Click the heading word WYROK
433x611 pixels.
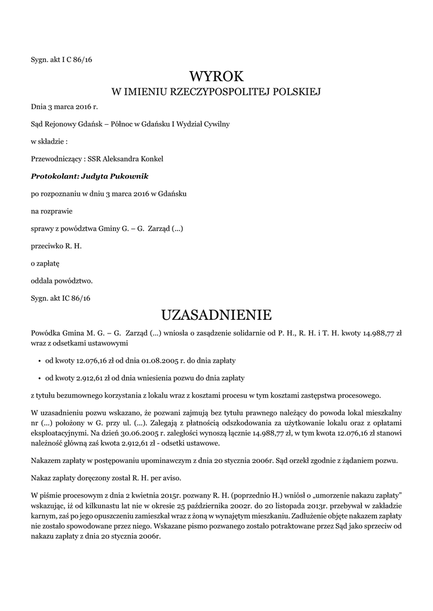coord(216,76)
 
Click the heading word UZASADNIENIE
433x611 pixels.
coord(216,314)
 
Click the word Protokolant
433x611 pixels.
coord(54,177)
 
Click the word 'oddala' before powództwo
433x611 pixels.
coord(42,280)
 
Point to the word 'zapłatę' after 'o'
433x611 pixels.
coord(47,263)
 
